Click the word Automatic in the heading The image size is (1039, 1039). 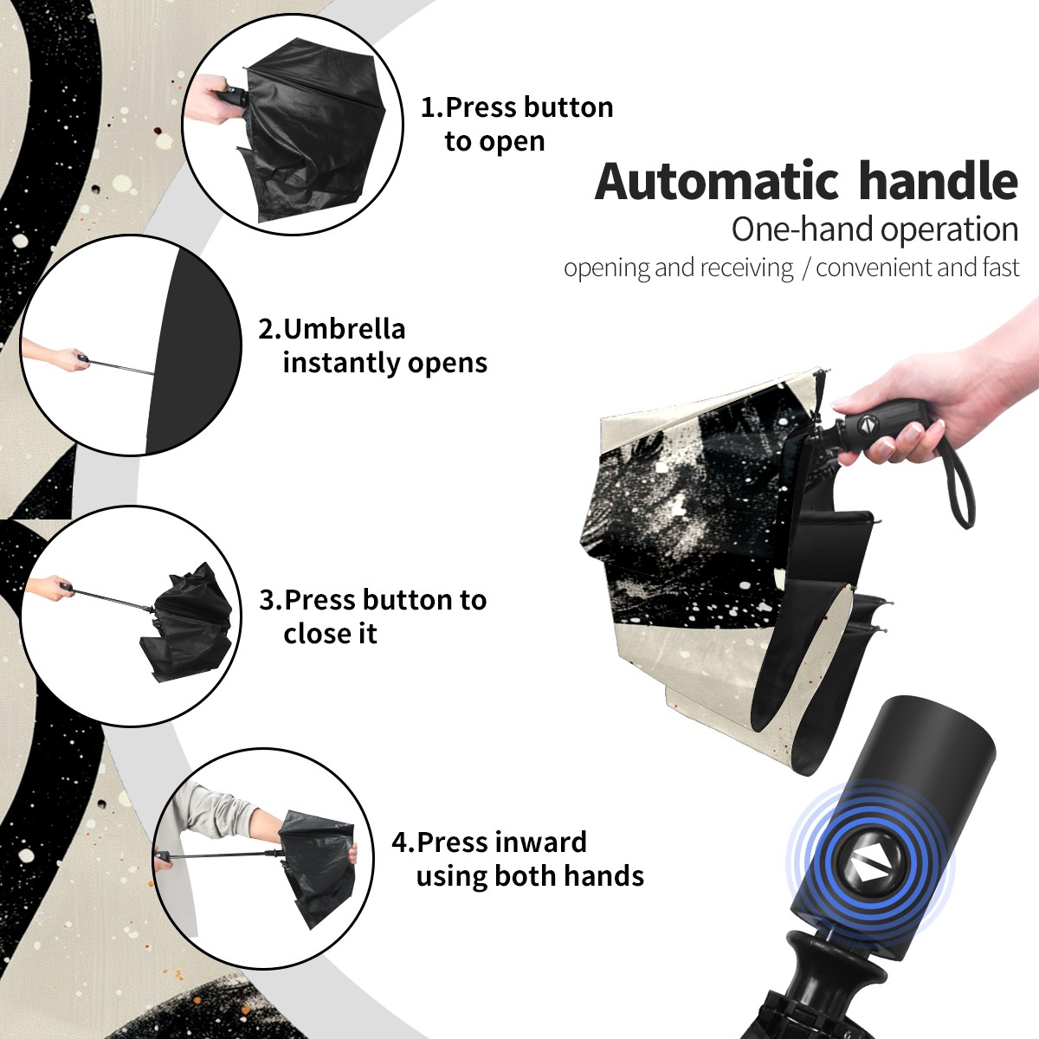coord(717,181)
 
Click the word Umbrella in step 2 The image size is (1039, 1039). coord(345,329)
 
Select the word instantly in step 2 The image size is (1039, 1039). coord(342,362)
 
